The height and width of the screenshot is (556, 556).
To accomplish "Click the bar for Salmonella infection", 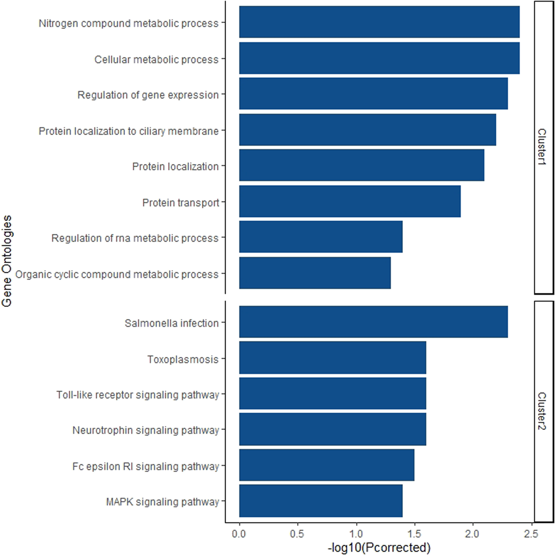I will pyautogui.click(x=373, y=322).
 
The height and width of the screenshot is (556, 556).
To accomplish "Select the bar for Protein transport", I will pyautogui.click(x=350, y=201).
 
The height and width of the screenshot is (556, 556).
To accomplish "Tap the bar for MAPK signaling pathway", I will pyautogui.click(x=320, y=501).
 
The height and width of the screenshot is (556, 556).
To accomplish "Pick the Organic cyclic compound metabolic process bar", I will pyautogui.click(x=315, y=273).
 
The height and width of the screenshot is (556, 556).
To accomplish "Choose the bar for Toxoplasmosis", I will pyautogui.click(x=332, y=358).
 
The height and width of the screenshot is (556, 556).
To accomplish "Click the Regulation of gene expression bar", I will pyautogui.click(x=373, y=94).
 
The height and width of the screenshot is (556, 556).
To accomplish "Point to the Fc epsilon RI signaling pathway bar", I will pyautogui.click(x=326, y=465).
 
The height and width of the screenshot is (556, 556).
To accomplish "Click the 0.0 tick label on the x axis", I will pyautogui.click(x=239, y=534).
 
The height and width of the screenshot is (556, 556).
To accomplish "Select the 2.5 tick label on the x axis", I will pyautogui.click(x=531, y=534).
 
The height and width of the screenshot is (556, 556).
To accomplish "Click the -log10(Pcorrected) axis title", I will pyautogui.click(x=379, y=547).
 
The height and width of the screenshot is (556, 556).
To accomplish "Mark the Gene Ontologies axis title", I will pyautogui.click(x=7, y=261).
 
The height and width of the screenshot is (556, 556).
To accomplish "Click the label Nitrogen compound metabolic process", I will pyautogui.click(x=128, y=23).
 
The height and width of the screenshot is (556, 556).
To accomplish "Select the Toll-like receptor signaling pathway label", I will pyautogui.click(x=138, y=395).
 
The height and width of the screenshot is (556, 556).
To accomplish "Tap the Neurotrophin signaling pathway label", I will pyautogui.click(x=146, y=430).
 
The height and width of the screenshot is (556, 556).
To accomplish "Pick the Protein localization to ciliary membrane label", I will pyautogui.click(x=128, y=131).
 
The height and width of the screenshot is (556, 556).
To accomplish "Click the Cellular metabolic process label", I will pyautogui.click(x=157, y=60).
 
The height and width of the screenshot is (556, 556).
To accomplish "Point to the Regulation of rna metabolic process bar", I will pyautogui.click(x=320, y=237).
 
